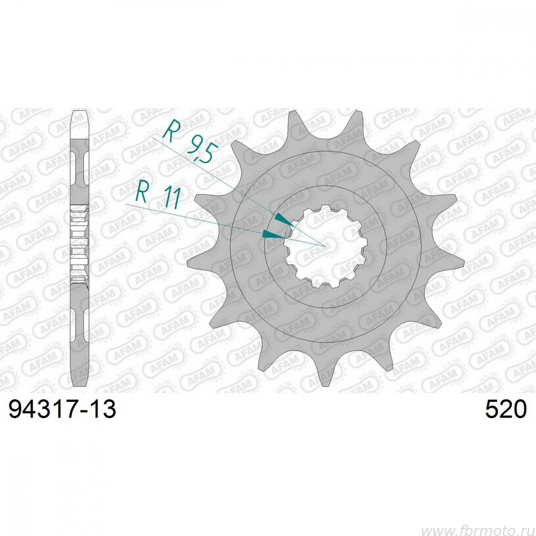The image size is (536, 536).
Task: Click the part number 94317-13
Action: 62,409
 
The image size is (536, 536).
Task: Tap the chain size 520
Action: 506,409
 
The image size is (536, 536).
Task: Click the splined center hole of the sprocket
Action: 326,246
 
